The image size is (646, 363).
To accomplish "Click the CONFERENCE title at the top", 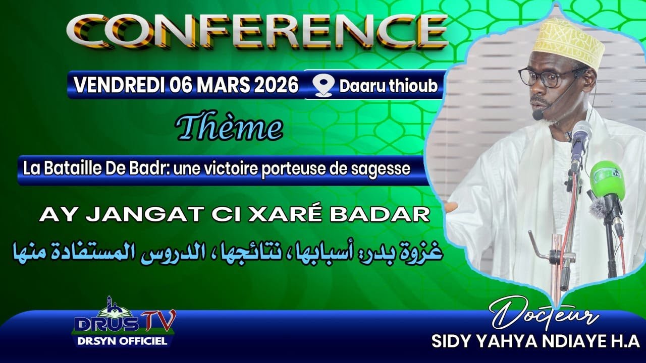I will (257, 31).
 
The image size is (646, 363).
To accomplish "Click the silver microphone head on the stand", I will (581, 135).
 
